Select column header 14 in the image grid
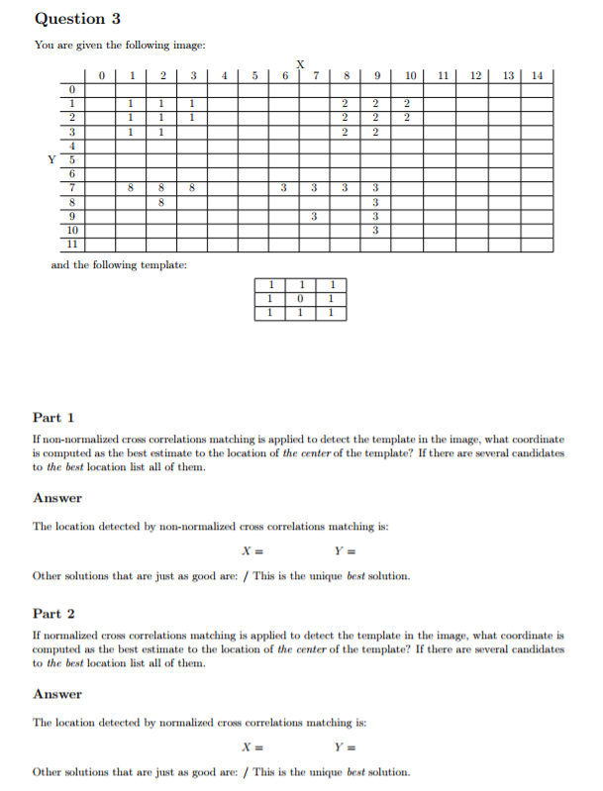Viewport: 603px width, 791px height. pos(537,75)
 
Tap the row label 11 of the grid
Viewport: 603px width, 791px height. pos(71,244)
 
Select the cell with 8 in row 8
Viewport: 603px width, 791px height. pos(161,201)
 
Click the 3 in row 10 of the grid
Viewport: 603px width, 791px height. pos(375,230)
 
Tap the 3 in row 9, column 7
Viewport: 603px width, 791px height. pos(314,216)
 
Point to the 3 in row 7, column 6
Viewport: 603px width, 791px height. pos(284,187)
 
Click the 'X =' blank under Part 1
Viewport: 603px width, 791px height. pos(253,551)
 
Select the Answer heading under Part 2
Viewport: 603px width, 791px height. pos(57,694)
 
